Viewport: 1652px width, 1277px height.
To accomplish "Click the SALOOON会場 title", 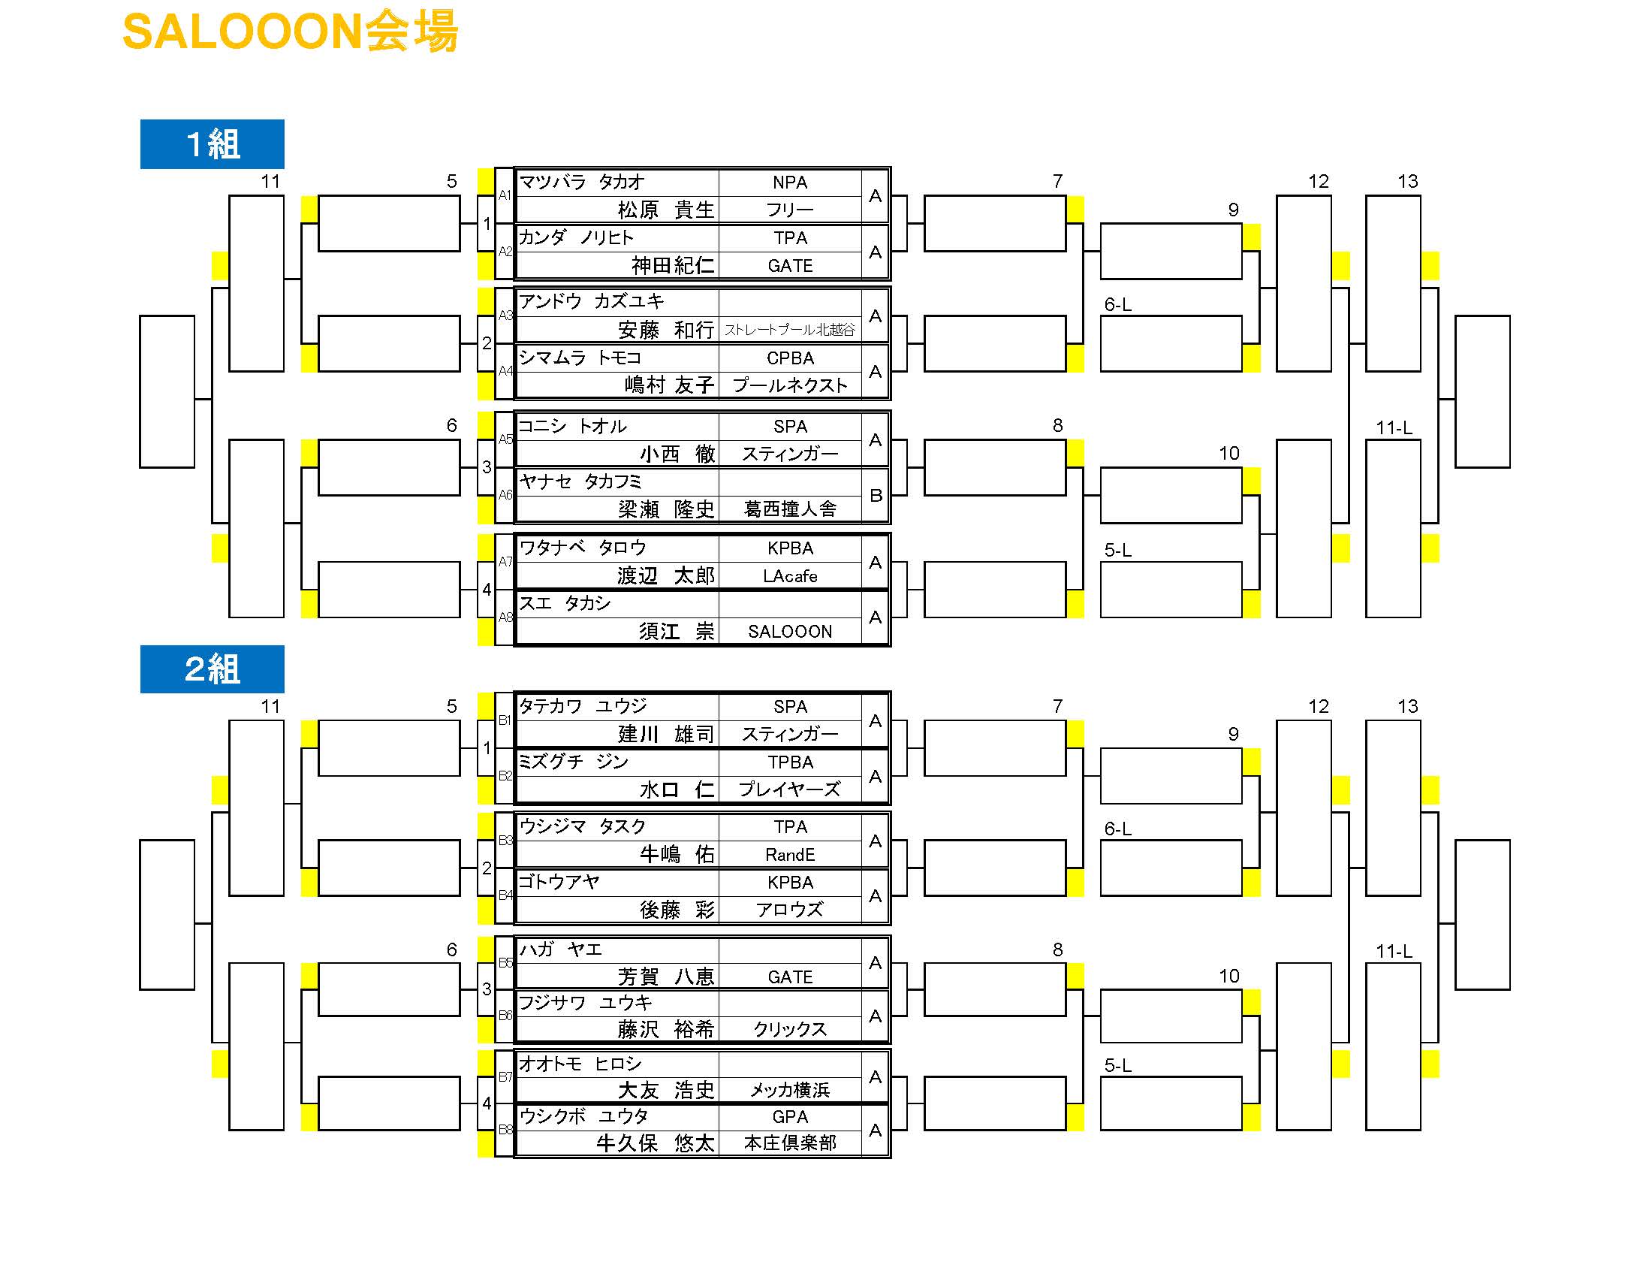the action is [x=291, y=32].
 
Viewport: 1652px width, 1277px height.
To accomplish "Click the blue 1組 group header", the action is [x=212, y=143].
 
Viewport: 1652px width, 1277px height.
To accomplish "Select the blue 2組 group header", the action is [x=212, y=669].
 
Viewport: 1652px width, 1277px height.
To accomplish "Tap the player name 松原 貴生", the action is [x=665, y=210].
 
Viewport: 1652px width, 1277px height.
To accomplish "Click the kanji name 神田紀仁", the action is [x=673, y=265].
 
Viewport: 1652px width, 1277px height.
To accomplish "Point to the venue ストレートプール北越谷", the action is [x=790, y=330].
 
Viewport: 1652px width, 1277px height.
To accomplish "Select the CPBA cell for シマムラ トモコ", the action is [x=790, y=358].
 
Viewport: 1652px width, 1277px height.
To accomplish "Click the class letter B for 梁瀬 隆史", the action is [x=876, y=496].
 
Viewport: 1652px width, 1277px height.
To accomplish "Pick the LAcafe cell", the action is [x=790, y=576].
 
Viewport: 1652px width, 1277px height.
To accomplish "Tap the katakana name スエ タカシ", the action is [x=564, y=603].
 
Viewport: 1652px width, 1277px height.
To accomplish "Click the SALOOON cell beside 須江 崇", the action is [x=790, y=632].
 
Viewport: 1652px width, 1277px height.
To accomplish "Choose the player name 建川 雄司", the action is [x=665, y=734].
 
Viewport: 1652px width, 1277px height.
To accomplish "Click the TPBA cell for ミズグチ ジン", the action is [x=790, y=762].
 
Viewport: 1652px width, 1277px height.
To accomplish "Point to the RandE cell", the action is [x=790, y=855].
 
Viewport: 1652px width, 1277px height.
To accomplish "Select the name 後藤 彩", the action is [x=677, y=910].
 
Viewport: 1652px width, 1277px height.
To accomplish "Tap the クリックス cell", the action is [x=790, y=1029].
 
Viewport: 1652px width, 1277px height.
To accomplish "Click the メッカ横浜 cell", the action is [x=790, y=1090].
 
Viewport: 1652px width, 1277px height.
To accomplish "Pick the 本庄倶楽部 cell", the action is [x=790, y=1143].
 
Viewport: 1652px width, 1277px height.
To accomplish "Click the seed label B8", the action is [x=505, y=1130].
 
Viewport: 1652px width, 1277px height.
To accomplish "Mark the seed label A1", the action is [x=505, y=195].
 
